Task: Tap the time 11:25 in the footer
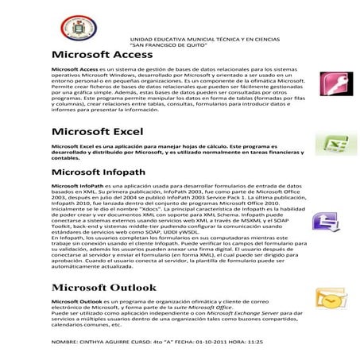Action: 255,340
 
